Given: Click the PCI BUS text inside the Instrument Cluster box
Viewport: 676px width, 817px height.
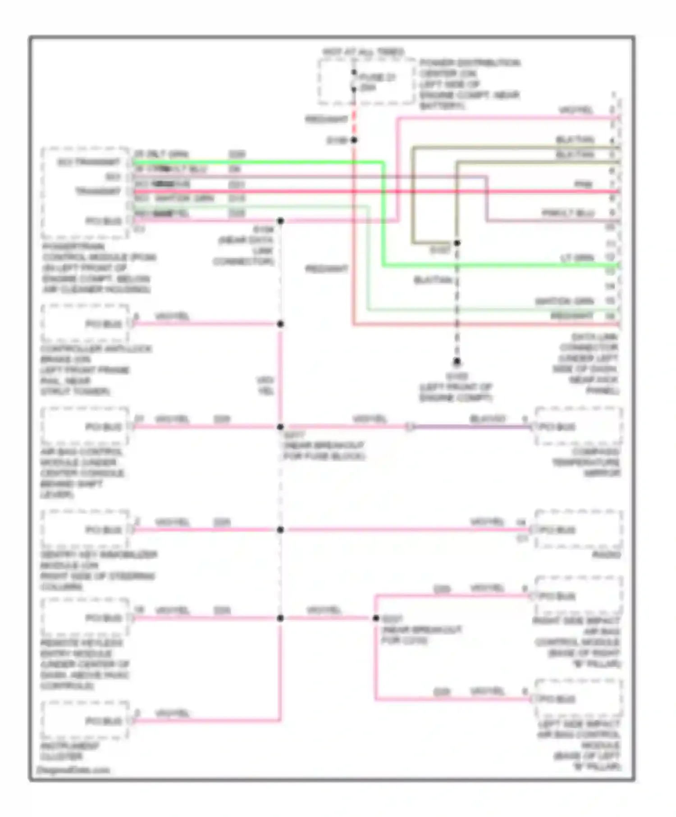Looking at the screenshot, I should [x=104, y=721].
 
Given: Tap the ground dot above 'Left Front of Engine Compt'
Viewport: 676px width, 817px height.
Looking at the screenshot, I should [x=457, y=361].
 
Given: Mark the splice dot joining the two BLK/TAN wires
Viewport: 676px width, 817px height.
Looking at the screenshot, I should [x=457, y=243].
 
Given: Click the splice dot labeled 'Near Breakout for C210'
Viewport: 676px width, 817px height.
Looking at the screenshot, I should [x=376, y=618].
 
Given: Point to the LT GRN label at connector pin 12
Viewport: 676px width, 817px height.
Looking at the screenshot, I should [x=577, y=258].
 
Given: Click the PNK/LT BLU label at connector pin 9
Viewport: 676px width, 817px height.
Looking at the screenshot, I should [x=568, y=213].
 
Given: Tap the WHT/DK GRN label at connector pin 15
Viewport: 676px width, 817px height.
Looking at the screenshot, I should [x=564, y=301].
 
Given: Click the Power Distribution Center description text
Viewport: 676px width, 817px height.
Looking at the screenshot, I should [x=469, y=84].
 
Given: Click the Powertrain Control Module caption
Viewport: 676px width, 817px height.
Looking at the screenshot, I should [x=97, y=268].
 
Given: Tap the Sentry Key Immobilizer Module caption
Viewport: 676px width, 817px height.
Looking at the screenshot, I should [x=97, y=571].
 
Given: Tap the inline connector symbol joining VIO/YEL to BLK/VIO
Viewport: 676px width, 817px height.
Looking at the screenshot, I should [x=410, y=427].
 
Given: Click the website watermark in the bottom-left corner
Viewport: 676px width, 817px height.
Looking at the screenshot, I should [x=73, y=770].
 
